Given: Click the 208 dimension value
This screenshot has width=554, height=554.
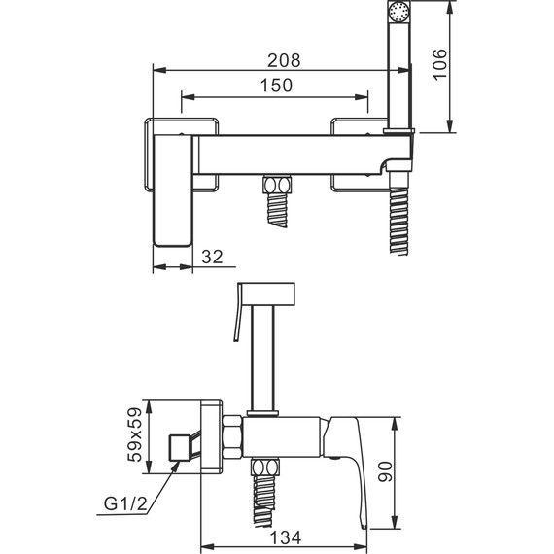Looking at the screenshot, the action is pos(284,60).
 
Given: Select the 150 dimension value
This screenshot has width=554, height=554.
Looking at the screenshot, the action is pos(276,86).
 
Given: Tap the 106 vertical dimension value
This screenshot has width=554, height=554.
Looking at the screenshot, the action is pos(439,65).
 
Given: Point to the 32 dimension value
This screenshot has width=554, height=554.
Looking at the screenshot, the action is pos(212,257).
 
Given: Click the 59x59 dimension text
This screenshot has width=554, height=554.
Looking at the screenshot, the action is pos(135,434).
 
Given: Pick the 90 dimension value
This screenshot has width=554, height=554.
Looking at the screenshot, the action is pos(385,471).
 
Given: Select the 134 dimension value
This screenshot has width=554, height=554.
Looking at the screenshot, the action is pos(286,537).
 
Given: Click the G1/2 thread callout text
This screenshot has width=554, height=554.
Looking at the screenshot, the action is pos(125,503).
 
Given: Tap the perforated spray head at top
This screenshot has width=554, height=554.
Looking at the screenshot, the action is pos(398,11).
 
